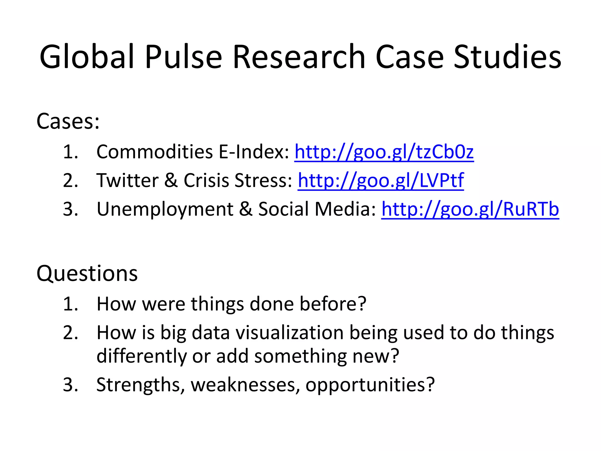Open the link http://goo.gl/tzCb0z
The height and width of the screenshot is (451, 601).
(x=384, y=152)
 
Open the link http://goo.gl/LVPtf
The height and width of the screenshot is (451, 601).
(x=381, y=180)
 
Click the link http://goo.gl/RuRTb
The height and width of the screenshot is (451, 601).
(x=470, y=209)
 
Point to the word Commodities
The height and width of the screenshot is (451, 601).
(x=155, y=152)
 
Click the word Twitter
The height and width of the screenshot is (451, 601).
(x=127, y=180)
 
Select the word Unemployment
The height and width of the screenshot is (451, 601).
(x=165, y=210)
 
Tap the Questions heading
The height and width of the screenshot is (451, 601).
(x=87, y=274)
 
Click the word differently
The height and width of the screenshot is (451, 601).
(x=141, y=356)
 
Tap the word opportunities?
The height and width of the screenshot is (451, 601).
(x=370, y=385)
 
